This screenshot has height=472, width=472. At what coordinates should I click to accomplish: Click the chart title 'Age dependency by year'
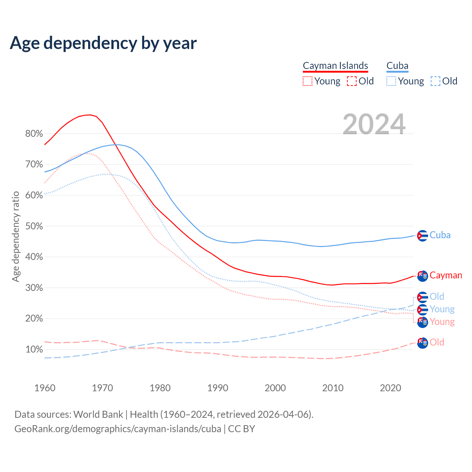click(103, 43)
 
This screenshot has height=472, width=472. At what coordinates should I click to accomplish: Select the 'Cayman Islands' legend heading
click(335, 66)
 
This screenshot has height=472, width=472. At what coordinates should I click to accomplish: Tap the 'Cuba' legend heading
click(397, 66)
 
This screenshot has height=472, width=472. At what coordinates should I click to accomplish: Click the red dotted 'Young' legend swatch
click(307, 81)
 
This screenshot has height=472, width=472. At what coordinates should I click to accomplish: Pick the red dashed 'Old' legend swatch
click(351, 81)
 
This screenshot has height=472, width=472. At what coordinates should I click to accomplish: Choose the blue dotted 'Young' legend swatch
click(391, 81)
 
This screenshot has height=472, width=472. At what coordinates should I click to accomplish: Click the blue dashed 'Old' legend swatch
click(435, 81)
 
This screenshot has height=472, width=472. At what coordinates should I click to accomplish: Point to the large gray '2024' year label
click(374, 125)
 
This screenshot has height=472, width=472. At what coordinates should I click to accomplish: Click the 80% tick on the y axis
click(34, 133)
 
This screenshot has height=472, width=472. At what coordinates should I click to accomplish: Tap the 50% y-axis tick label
click(34, 226)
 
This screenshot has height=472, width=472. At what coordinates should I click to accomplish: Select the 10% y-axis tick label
click(34, 349)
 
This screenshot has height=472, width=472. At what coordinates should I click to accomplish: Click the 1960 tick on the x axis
click(45, 388)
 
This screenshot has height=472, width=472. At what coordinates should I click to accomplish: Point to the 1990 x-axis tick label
click(218, 388)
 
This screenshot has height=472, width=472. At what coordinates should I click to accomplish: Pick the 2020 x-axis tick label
click(390, 388)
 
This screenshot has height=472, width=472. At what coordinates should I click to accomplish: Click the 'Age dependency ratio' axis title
click(15, 236)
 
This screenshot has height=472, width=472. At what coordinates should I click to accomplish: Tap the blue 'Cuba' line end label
click(440, 235)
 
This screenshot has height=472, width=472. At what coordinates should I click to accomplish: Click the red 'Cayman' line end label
click(445, 275)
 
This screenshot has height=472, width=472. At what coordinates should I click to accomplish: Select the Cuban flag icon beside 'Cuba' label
click(422, 236)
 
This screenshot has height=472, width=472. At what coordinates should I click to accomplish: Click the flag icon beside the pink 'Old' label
click(422, 343)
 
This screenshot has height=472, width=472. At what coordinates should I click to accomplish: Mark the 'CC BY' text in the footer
click(242, 429)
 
